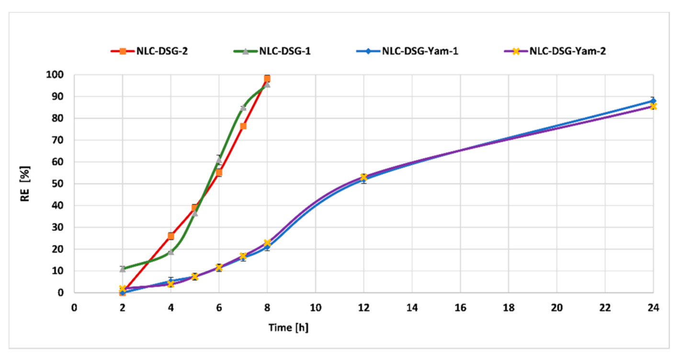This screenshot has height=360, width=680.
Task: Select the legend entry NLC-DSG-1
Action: [285, 51]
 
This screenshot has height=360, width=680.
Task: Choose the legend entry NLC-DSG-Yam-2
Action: [567, 51]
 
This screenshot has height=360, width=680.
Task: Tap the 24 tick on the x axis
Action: [653, 308]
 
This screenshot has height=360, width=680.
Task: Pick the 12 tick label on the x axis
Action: [364, 308]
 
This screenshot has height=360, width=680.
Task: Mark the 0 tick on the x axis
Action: [74, 308]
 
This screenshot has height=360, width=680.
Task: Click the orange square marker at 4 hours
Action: [171, 236]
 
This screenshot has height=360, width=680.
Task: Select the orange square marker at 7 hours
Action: [243, 126]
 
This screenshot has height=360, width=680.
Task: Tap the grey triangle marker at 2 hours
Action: [123, 269]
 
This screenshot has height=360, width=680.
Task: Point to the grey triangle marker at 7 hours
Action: [243, 108]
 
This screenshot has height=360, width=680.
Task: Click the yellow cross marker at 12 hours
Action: [364, 177]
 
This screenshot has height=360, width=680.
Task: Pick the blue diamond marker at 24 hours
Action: [653, 101]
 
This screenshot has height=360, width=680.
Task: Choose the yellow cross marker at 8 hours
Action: [267, 243]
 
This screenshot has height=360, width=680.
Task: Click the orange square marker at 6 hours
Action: [219, 173]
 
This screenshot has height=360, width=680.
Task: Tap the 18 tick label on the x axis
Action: [509, 308]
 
